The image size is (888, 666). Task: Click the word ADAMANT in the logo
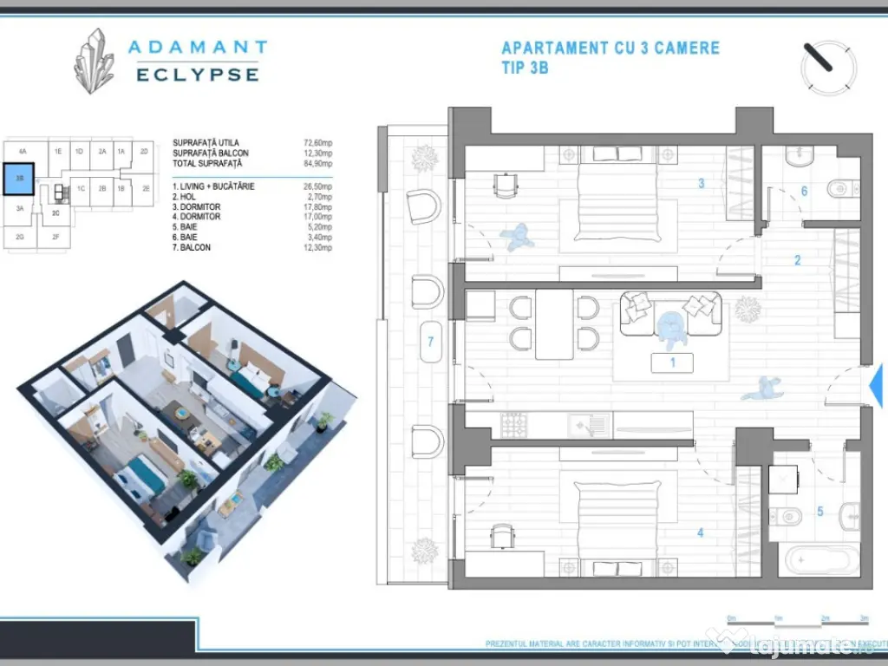coord(198,47)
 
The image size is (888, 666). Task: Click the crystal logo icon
coord(95,61)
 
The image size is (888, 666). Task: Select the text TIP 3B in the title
coord(525,69)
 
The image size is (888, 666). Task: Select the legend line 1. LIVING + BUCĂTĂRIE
coord(213,186)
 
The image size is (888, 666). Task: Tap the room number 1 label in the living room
coord(672,362)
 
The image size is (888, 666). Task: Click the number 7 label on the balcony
coord(430,342)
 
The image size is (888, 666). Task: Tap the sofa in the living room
coord(669,314)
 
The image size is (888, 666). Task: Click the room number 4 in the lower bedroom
coord(700,532)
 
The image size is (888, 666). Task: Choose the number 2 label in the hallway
coord(797,259)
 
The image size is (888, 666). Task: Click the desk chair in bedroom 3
coord(502,185)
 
